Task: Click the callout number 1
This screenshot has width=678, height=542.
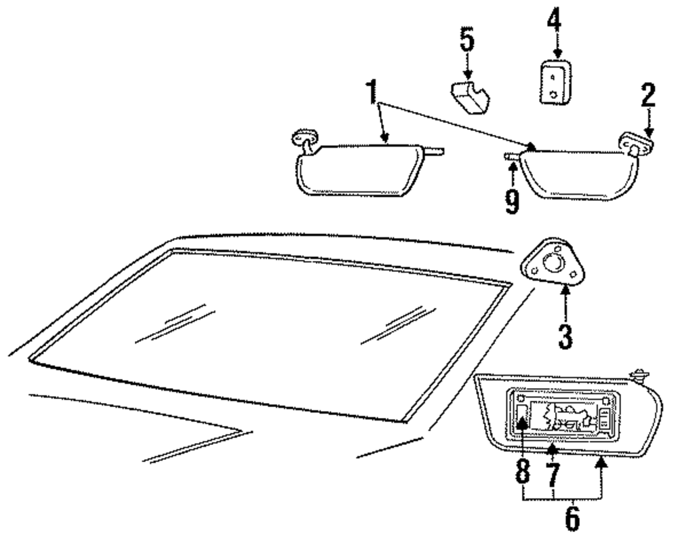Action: point(371,93)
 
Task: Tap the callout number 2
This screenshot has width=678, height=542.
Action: point(648,96)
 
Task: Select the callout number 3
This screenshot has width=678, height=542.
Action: point(565,335)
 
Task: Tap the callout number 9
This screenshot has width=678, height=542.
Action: point(512,199)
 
